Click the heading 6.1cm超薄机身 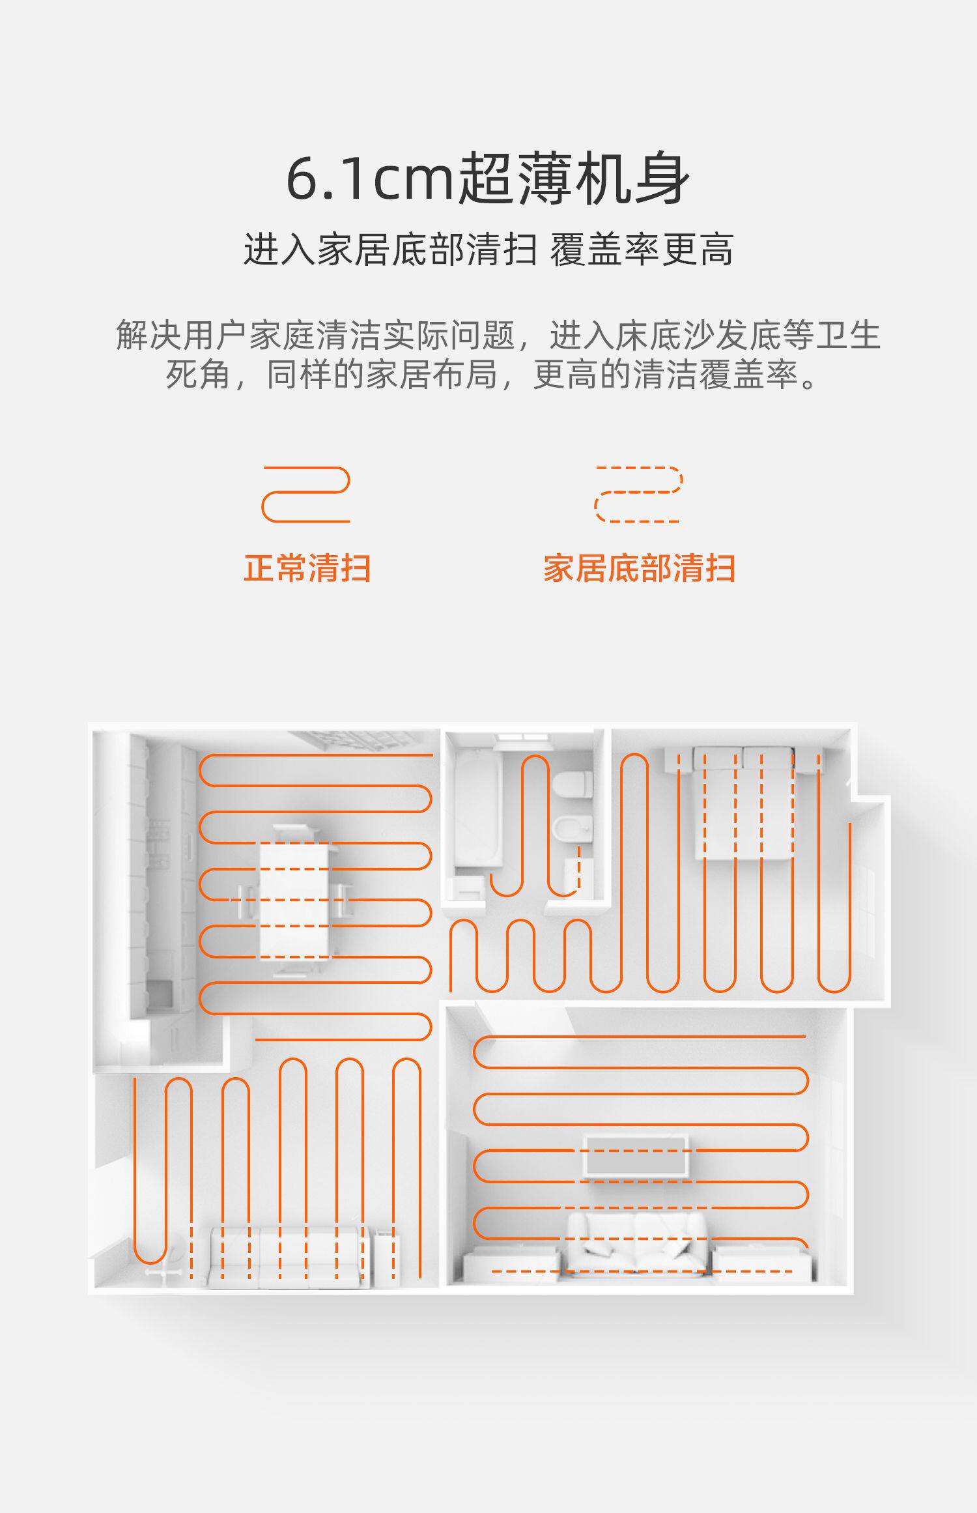[487, 179]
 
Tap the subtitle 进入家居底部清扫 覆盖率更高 [488, 250]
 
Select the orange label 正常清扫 [307, 568]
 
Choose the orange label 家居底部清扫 [639, 568]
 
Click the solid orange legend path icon [305, 495]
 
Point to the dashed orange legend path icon [638, 495]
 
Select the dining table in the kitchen [294, 900]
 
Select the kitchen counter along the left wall [163, 880]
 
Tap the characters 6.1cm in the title [369, 179]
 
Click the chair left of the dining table [246, 902]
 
